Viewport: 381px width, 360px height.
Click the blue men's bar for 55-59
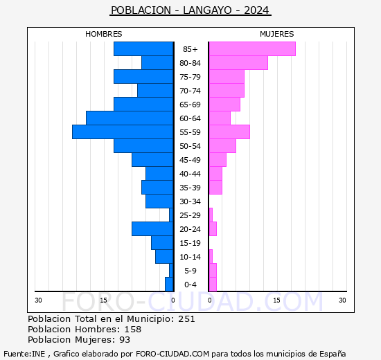click(123, 132)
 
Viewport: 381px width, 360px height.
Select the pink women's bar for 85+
click(252, 49)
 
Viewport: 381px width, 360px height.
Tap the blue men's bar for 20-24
click(152, 229)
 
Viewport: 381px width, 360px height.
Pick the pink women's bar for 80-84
click(238, 63)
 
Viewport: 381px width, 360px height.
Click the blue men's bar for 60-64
click(130, 118)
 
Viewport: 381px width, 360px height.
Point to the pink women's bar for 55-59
click(229, 132)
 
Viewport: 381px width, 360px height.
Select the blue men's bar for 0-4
click(169, 285)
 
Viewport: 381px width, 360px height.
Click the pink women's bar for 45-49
click(218, 160)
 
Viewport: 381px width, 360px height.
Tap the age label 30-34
click(190, 201)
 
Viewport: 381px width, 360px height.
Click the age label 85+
click(190, 49)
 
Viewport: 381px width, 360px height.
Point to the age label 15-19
click(190, 243)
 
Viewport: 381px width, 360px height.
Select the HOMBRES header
click(104, 34)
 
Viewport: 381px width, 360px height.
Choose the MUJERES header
click(276, 34)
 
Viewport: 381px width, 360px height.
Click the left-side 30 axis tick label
click(38, 300)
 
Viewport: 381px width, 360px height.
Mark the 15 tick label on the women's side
click(276, 300)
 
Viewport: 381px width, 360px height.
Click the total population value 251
click(186, 319)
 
